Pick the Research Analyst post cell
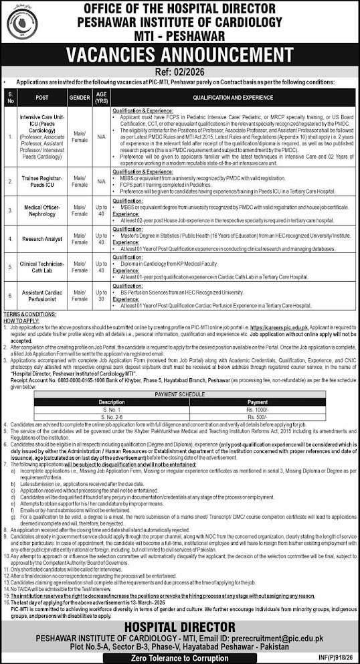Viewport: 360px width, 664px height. (x=40, y=238)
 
